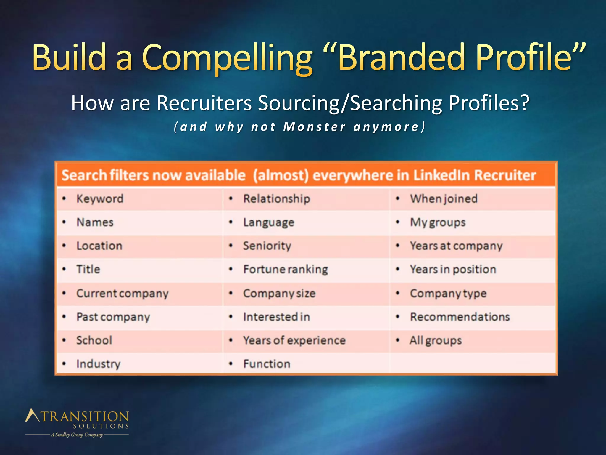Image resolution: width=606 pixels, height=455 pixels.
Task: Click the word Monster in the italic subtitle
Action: tap(314, 127)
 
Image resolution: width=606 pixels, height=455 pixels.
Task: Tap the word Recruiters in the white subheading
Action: tap(204, 103)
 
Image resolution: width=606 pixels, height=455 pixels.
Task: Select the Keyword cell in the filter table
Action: tap(100, 199)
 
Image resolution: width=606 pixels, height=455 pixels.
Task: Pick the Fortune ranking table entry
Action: tap(286, 270)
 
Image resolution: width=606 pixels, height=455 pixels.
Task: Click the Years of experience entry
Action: tap(294, 340)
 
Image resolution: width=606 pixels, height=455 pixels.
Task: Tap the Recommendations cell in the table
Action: tap(460, 317)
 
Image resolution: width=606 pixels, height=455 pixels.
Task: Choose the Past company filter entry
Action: tap(113, 317)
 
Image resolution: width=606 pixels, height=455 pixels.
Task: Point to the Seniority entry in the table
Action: tap(267, 246)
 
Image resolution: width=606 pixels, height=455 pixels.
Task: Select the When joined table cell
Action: tap(444, 199)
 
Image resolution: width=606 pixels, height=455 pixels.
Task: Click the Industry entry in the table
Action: tap(99, 364)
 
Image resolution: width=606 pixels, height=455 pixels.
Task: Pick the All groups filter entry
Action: tap(436, 340)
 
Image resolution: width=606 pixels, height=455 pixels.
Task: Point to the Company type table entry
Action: tap(448, 293)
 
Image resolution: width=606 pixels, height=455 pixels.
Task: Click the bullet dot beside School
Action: tap(64, 340)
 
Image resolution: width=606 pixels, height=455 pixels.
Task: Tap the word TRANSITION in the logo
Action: tap(85, 416)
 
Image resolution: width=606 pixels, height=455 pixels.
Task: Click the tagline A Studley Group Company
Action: tap(77, 435)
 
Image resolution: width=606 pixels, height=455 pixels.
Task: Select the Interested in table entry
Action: tap(277, 317)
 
